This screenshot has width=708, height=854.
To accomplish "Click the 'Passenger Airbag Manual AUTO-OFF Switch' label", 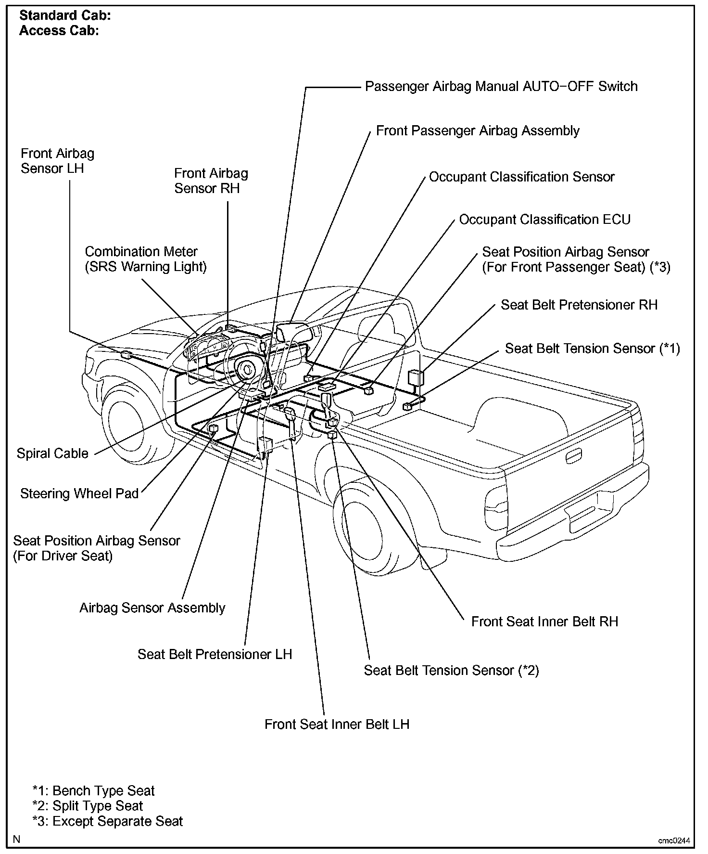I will [x=501, y=87].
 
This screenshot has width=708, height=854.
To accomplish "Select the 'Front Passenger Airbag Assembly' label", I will [x=478, y=131].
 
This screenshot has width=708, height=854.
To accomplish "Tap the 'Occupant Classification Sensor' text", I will [x=521, y=177].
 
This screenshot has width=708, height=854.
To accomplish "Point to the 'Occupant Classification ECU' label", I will [x=544, y=220].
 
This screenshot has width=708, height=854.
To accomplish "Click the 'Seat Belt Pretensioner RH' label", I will [x=579, y=305].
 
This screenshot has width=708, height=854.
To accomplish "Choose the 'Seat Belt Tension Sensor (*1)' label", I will [x=592, y=349].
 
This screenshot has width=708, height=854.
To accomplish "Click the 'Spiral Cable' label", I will [x=52, y=453].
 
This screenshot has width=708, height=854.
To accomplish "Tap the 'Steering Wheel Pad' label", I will [x=79, y=493].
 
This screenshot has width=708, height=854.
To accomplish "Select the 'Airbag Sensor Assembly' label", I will [x=152, y=608].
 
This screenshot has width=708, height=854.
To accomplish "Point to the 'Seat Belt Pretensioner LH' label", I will [x=215, y=654].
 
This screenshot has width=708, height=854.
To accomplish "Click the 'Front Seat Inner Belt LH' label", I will [x=337, y=725].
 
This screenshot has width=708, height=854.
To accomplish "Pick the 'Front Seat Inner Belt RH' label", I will [x=544, y=621].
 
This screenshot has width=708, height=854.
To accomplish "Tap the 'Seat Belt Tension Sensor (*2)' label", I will [x=451, y=671].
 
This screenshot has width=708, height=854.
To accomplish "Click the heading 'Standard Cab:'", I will [x=65, y=15].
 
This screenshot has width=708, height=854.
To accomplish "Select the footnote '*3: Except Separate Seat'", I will [x=108, y=821].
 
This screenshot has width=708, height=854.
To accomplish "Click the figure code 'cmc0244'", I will [x=674, y=841].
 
